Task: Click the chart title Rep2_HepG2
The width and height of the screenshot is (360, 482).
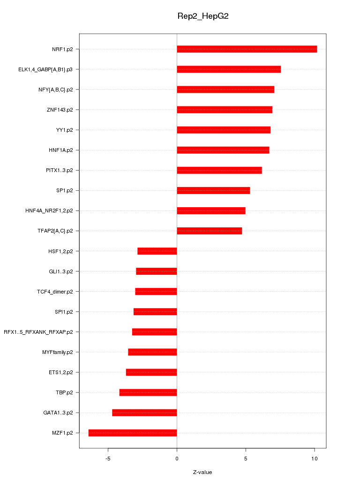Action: point(202,16)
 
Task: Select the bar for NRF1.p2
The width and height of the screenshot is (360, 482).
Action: point(247,49)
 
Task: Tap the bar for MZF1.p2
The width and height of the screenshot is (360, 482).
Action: point(133,433)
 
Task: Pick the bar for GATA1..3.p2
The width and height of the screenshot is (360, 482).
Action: point(144,413)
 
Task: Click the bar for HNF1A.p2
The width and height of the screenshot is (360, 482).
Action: point(223,150)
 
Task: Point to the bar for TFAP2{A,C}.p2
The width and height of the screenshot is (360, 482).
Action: point(209,231)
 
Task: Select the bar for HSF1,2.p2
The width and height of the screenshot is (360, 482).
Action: point(157,251)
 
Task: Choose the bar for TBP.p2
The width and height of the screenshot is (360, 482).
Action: point(148,392)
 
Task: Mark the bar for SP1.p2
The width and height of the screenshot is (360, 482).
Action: point(213,190)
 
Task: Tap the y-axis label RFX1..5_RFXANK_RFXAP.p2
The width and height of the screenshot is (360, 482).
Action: point(38,332)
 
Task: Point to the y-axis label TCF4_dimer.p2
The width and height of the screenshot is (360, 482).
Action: point(55,292)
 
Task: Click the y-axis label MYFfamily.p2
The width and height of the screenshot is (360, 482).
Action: point(57,352)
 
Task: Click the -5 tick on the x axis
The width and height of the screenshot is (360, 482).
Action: point(108,459)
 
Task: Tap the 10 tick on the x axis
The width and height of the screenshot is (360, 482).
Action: point(314,459)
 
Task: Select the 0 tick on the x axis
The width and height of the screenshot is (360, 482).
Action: point(177,459)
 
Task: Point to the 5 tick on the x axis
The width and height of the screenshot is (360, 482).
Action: point(246,459)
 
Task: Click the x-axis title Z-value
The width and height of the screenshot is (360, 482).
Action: point(202,472)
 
